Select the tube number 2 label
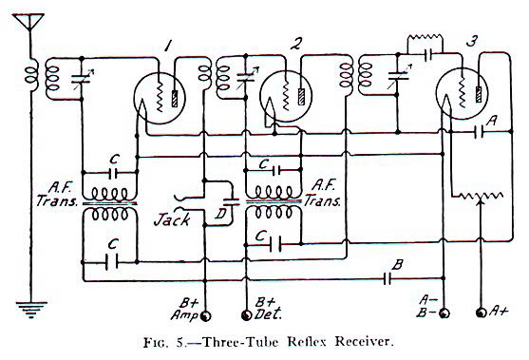[x=297, y=44]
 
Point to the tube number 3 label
[x=472, y=43]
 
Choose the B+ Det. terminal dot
[x=250, y=313]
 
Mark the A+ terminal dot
[x=481, y=312]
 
